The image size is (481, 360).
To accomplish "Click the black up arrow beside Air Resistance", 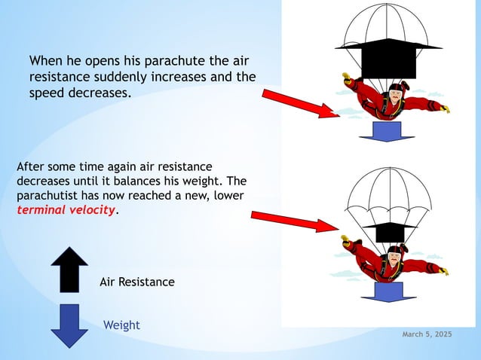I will [x=69, y=269].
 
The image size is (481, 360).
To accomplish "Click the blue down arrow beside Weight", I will [x=69, y=325].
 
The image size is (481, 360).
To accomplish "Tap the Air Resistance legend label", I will [x=137, y=282].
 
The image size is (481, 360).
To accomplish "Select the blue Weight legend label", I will [x=121, y=325].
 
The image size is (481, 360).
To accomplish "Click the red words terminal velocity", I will [x=66, y=210].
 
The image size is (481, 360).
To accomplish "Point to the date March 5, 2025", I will [x=427, y=334].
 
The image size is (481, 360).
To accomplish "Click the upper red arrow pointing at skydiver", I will [x=301, y=103].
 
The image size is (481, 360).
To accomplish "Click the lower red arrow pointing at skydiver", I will [x=294, y=220].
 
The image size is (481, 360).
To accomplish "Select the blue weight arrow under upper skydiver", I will [x=386, y=130].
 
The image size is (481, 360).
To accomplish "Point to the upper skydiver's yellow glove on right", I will [x=444, y=109].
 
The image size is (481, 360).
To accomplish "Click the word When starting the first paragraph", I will [x=47, y=60].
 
